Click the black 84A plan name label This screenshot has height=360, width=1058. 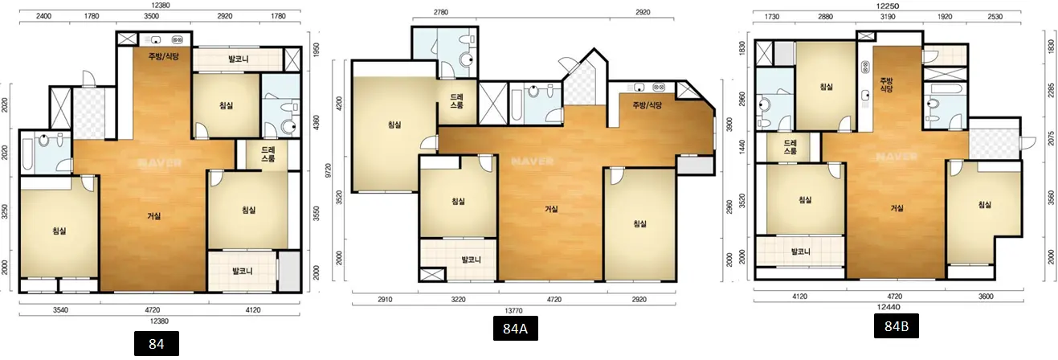(x=515, y=328)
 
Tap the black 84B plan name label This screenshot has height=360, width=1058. (x=896, y=326)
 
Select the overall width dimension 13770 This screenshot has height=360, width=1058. (x=513, y=310)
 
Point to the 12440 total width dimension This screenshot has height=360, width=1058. (x=888, y=307)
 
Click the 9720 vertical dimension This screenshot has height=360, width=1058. (x=329, y=170)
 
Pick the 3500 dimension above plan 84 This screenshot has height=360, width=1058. (x=151, y=16)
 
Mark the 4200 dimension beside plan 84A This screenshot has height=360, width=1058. (x=339, y=104)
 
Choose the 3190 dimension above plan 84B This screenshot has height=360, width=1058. (x=888, y=17)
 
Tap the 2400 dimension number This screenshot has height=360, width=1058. (x=43, y=16)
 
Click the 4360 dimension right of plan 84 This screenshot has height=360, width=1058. (x=316, y=123)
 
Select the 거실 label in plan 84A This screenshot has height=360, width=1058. (x=551, y=209)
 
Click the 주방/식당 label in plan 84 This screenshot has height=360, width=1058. (x=164, y=56)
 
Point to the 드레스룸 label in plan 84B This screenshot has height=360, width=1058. (x=790, y=147)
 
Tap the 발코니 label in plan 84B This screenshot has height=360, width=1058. (x=801, y=252)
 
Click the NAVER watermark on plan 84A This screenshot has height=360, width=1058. (x=533, y=162)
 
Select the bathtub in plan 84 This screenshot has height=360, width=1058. (x=27, y=153)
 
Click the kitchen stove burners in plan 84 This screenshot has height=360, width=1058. (x=177, y=40)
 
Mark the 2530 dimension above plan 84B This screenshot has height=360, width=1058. (x=995, y=17)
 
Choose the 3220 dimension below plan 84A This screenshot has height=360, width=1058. (x=458, y=300)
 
